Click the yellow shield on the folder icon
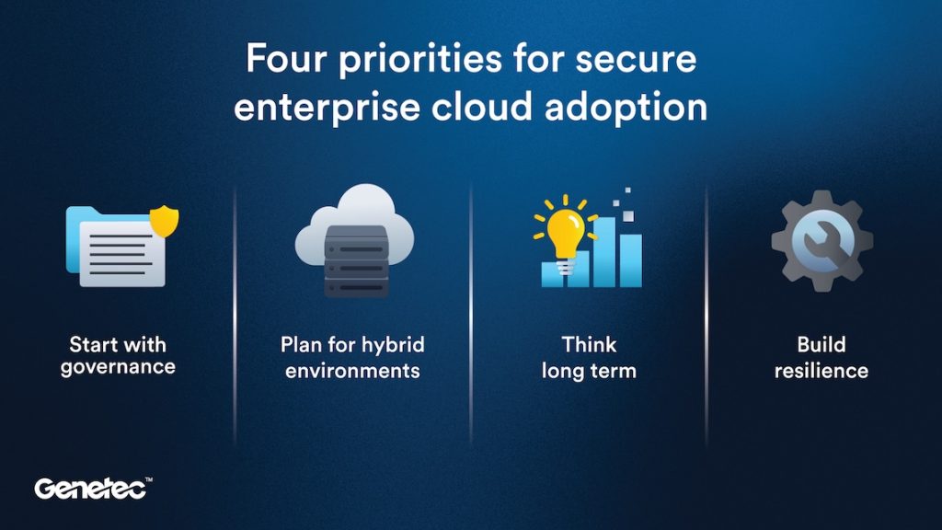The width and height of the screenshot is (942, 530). [x=165, y=221]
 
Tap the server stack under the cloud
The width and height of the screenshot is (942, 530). [x=355, y=261]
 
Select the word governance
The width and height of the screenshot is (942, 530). [x=117, y=369]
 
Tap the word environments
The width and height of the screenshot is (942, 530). [x=352, y=371]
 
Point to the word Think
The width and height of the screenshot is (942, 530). [x=589, y=346]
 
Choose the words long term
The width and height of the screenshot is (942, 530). [x=589, y=371]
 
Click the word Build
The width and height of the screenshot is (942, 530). [x=821, y=346]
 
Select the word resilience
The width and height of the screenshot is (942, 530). [x=821, y=371]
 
